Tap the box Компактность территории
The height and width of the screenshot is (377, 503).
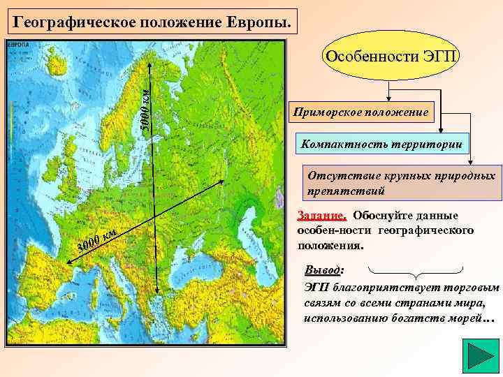click(x=384, y=144)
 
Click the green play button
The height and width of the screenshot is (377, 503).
click(x=481, y=357)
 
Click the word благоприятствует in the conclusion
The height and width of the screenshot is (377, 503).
click(x=371, y=287)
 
